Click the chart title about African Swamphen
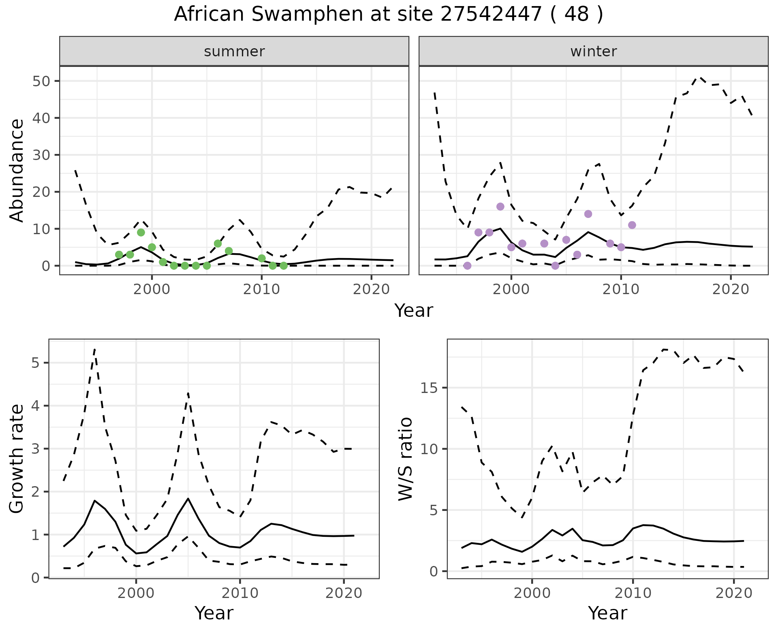[388, 15]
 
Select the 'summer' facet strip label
[234, 51]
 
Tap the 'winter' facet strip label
[593, 51]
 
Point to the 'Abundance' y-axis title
[17, 170]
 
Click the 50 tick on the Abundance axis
[41, 81]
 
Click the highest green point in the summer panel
[141, 232]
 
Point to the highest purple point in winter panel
[500, 207]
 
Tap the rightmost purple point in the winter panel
[632, 225]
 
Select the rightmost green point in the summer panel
[284, 266]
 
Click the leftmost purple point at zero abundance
[467, 266]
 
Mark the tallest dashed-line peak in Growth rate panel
[94, 349]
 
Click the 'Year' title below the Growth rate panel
[214, 613]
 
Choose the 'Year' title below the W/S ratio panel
[607, 613]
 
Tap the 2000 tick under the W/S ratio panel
[532, 594]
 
